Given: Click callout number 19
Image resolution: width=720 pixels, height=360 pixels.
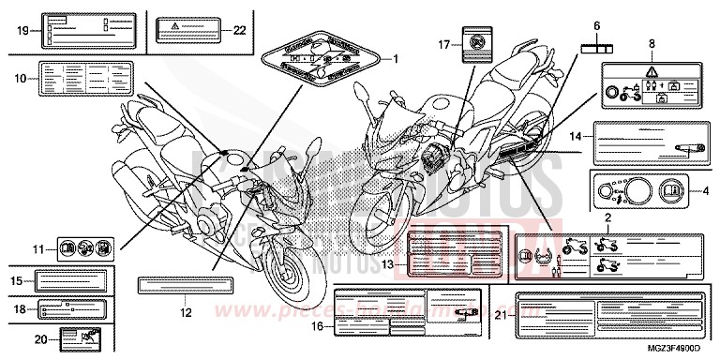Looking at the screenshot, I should click(x=23, y=30).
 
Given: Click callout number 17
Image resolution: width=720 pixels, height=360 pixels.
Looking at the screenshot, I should click(x=444, y=44).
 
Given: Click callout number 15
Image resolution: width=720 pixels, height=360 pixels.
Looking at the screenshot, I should click(x=17, y=279).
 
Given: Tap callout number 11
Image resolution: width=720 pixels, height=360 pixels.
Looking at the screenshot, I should click(x=39, y=249).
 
